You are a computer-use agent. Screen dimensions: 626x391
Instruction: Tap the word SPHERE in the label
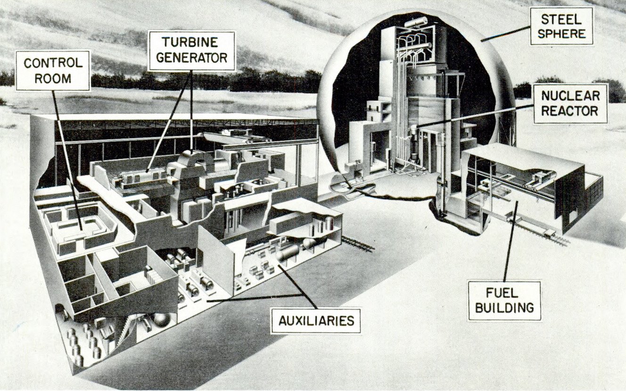562,33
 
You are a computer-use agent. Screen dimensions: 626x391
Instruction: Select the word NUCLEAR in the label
571,96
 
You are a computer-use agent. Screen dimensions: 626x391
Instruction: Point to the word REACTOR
570,111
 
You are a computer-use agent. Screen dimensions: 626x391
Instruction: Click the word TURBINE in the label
190,42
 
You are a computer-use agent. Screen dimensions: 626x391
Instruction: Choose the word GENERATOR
191,57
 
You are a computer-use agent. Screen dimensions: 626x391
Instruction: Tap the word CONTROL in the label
53,63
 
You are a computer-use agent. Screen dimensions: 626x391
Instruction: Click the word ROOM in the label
53,79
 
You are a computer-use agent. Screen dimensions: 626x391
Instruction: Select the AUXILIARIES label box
315,321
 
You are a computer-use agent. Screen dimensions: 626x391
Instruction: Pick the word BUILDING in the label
505,308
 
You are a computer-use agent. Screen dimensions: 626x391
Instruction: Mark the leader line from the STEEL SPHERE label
505,34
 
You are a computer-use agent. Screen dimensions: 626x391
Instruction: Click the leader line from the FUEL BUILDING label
511,241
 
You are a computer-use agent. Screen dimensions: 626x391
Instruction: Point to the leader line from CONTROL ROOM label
67,160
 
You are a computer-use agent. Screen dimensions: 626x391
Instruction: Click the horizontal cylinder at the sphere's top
416,22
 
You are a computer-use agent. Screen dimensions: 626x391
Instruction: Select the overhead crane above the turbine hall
237,136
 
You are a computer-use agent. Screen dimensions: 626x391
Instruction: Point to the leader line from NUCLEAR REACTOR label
474,116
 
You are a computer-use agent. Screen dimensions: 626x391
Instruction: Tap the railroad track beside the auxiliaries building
358,244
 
